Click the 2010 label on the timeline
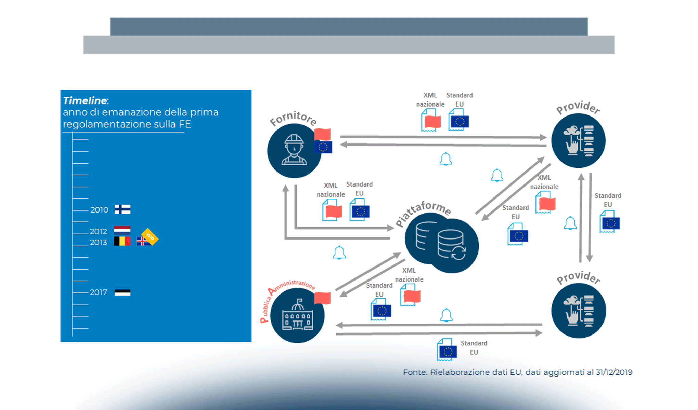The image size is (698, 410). click(99, 210)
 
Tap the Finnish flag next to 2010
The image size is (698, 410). click(122, 209)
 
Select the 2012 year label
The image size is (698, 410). click(99, 231)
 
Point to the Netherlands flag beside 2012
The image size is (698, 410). click(122, 230)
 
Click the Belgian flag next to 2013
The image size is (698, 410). click(122, 241)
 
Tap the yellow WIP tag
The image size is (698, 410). click(150, 236)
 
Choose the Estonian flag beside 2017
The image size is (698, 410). click(122, 292)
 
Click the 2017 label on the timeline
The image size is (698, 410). click(99, 292)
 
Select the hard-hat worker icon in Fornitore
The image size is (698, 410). click(294, 150)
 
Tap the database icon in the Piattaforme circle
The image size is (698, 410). click(441, 241)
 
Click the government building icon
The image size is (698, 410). click(297, 315)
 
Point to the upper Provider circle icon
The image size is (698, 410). click(579, 141)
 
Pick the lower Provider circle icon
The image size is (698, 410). click(579, 311)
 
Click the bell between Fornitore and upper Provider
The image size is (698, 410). click(445, 159)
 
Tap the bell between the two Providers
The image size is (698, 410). click(570, 223)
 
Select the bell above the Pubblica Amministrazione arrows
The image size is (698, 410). click(446, 315)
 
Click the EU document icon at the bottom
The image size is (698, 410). click(447, 350)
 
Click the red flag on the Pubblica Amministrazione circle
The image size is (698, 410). click(322, 298)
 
